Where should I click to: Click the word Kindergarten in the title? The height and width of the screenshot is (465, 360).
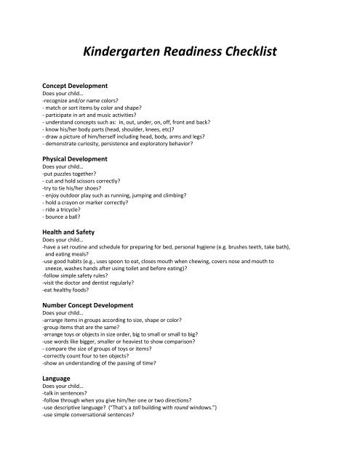[121, 52]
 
